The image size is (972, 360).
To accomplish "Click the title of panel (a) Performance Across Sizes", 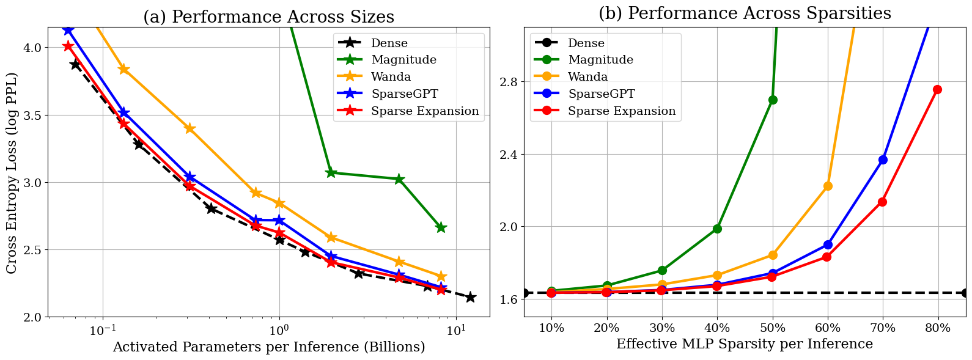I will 268,17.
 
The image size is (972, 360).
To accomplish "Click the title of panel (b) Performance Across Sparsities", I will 745,13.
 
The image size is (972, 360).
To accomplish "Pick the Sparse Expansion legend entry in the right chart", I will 622,111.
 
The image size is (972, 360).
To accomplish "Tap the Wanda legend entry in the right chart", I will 587,77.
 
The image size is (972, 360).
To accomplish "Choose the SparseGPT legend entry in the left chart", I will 404,94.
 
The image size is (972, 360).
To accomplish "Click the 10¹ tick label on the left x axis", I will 455,330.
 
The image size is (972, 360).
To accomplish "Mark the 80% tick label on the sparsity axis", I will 938,328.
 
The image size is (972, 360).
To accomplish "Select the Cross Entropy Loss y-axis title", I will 12,173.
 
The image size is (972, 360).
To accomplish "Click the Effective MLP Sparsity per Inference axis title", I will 744,344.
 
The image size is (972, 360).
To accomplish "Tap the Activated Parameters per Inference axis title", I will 268,347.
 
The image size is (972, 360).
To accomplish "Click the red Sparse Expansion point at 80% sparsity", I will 937,90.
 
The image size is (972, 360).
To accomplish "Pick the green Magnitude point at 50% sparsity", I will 773,100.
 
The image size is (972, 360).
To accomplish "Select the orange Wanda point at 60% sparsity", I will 828,186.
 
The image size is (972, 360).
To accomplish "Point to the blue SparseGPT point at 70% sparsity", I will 883,160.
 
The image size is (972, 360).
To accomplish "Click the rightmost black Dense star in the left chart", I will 470,297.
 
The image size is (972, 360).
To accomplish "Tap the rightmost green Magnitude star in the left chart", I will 441,227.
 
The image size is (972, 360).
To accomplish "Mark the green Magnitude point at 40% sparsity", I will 717,229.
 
